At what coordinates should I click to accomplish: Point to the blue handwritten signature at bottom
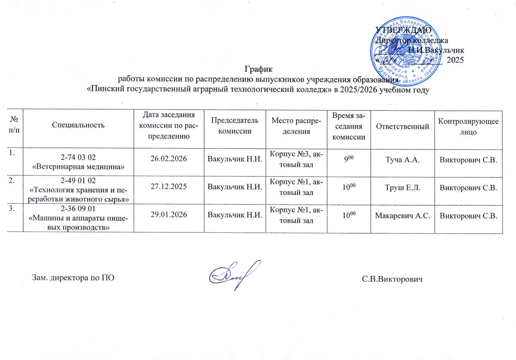tap(234, 273)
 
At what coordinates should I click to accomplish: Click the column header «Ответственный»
tap(402, 126)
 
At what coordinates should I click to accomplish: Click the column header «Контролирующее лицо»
tap(468, 126)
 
